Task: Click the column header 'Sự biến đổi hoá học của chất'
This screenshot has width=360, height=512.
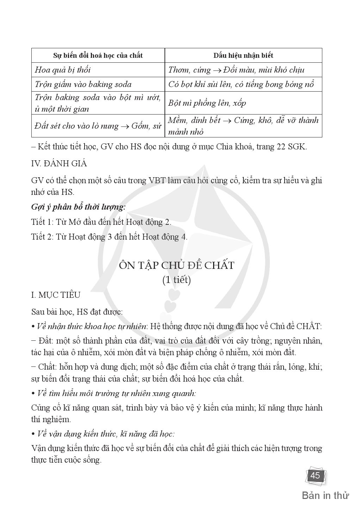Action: click(x=98, y=56)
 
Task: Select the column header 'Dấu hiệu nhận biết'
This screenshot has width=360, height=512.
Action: click(x=243, y=56)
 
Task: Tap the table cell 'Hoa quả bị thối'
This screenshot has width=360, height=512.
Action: click(x=63, y=70)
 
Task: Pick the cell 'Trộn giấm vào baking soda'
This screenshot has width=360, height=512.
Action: click(x=83, y=84)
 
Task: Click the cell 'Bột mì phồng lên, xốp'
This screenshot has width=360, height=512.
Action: click(x=207, y=103)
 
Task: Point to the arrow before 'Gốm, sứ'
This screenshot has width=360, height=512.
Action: click(x=124, y=126)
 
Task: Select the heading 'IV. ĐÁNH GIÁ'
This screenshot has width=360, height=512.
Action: click(x=59, y=164)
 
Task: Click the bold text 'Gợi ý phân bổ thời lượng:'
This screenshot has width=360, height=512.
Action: click(x=79, y=207)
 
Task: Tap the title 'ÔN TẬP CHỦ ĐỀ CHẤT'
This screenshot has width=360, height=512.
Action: click(x=176, y=265)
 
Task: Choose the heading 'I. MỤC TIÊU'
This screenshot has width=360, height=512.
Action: click(x=56, y=295)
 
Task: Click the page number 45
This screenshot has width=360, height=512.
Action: click(x=315, y=475)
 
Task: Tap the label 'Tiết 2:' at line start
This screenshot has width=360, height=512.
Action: click(x=43, y=237)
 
